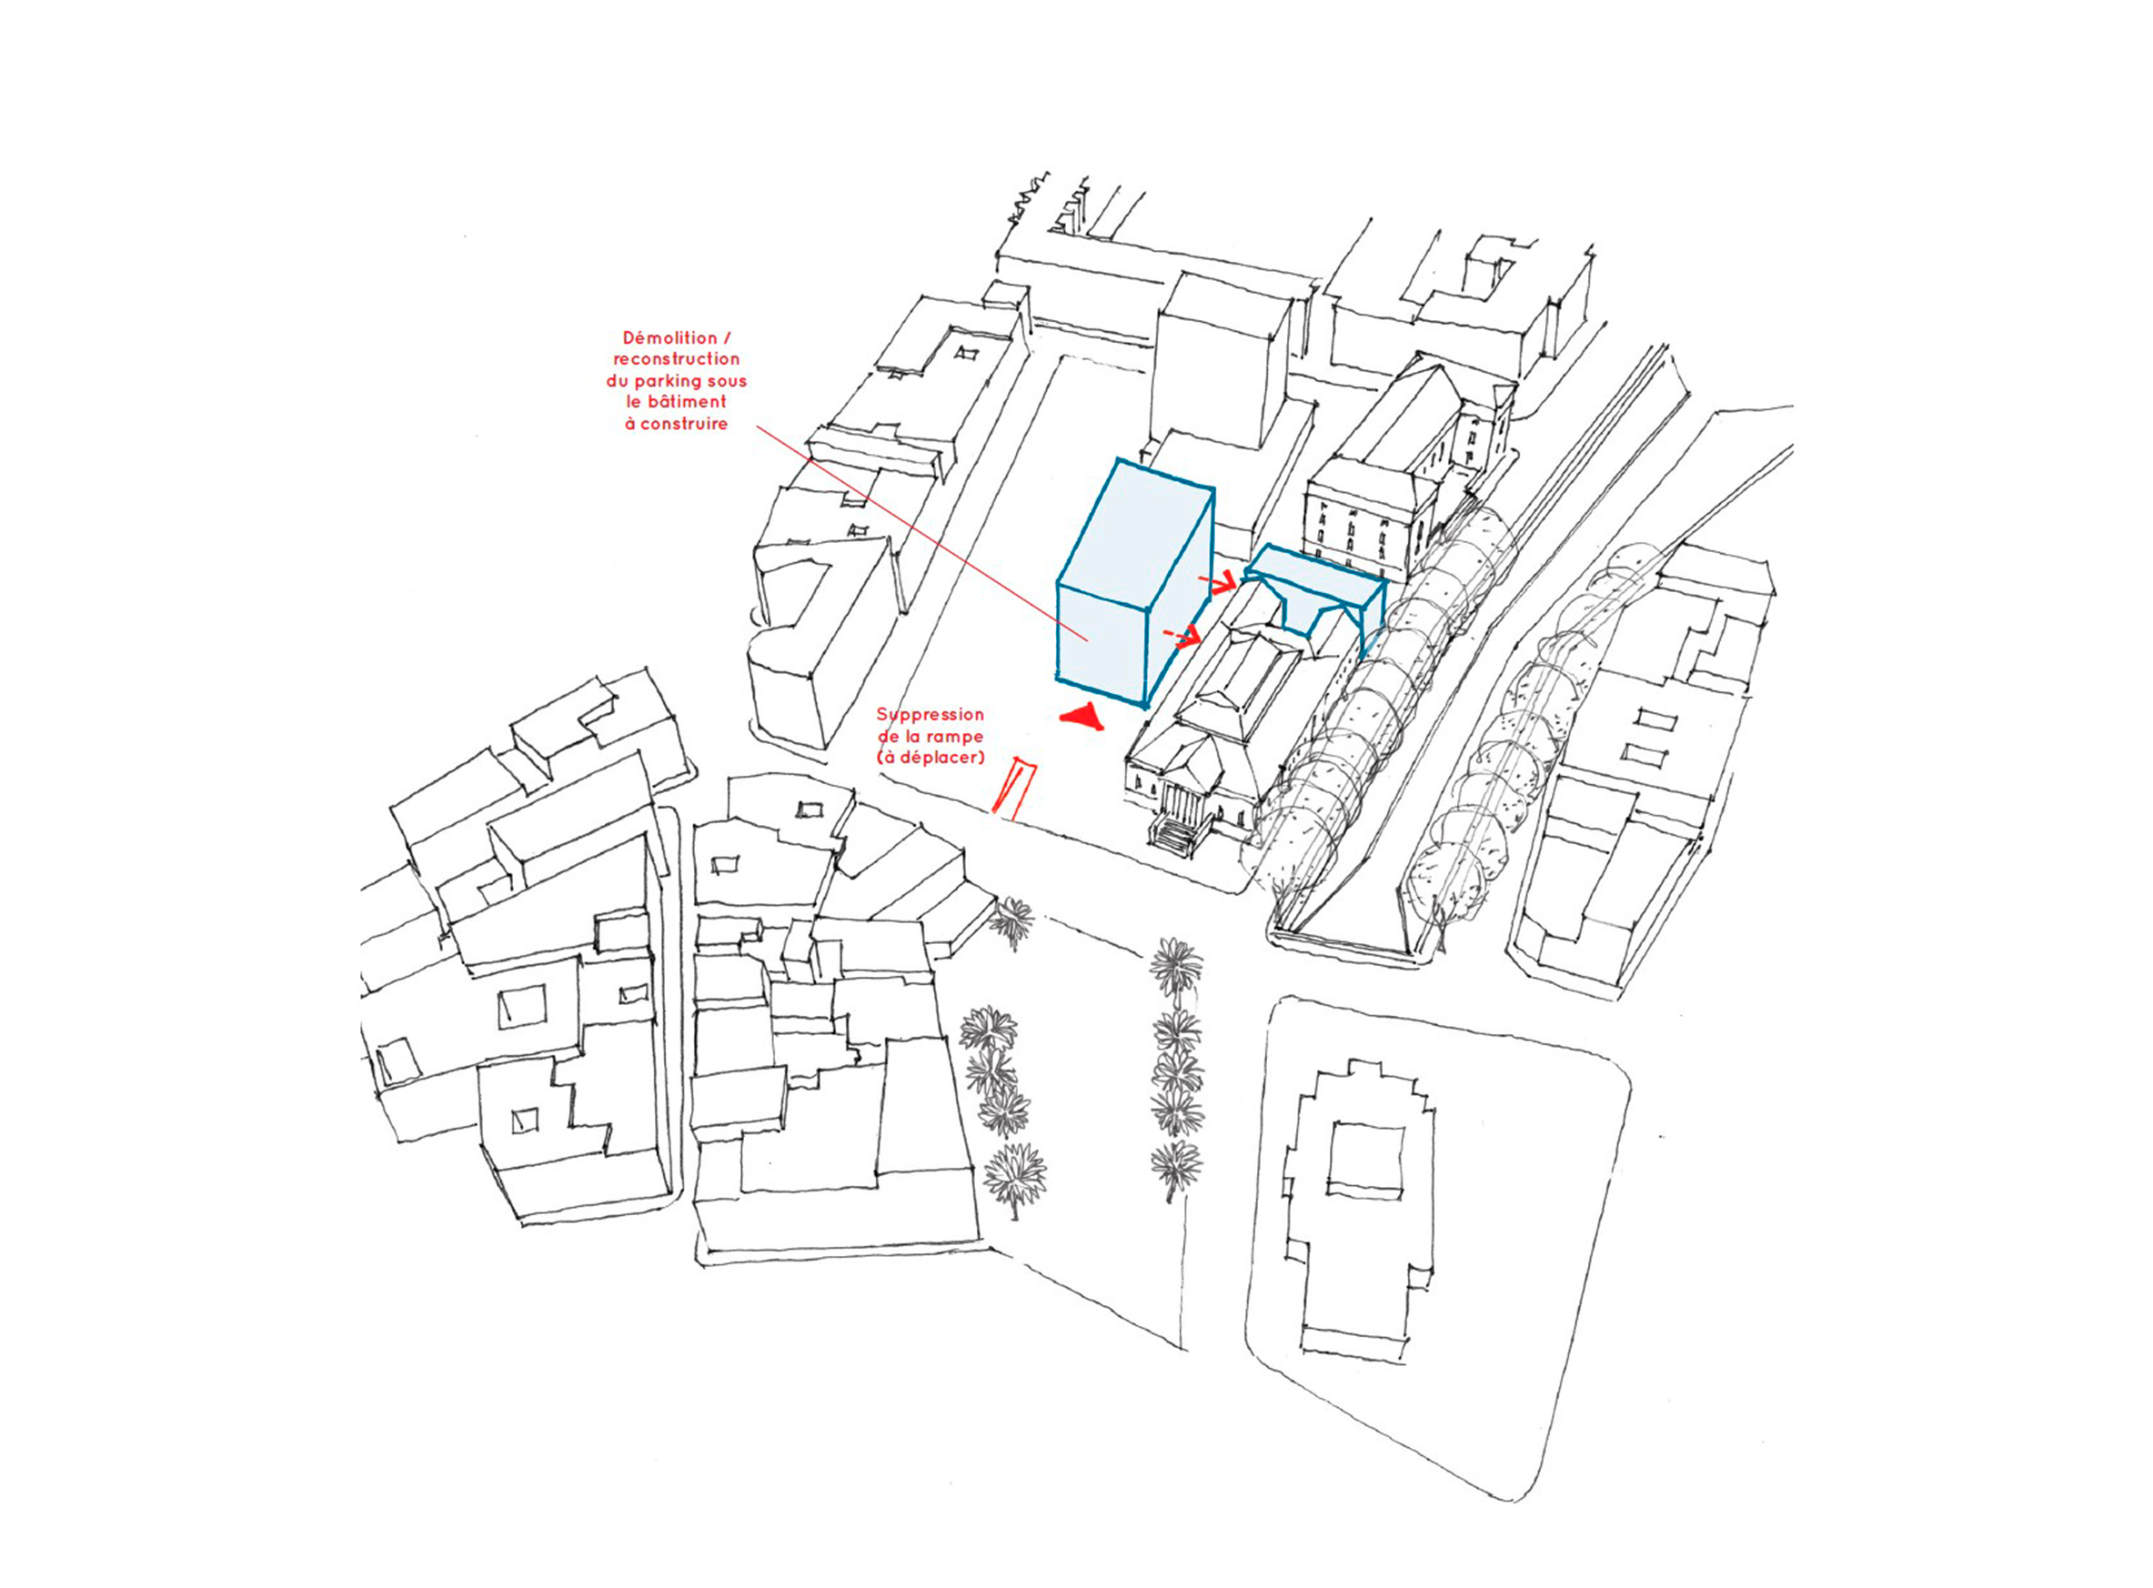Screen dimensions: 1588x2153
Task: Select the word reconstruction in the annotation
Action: point(677,359)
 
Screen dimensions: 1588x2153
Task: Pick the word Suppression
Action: point(930,715)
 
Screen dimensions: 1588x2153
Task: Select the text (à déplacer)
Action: point(931,758)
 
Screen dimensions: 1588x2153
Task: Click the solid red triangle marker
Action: point(1083,717)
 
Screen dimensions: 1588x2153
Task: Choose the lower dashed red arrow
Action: point(1183,635)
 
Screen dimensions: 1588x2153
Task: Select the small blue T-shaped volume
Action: point(1315,585)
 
